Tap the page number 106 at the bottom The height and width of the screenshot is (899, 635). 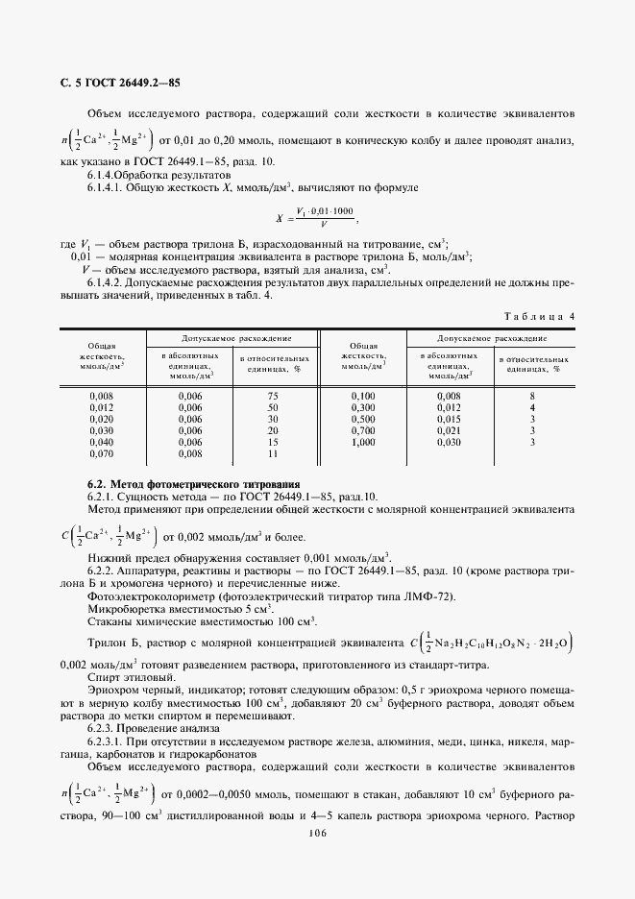coord(317,833)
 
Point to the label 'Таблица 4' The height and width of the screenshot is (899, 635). coord(538,316)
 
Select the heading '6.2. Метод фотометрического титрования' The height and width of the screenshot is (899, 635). coord(193,483)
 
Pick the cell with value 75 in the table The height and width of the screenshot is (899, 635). coord(273,396)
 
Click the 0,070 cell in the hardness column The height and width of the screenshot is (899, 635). coord(100,453)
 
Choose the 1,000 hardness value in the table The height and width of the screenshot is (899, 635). coord(362,442)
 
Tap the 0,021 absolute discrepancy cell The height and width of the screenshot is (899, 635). coord(449,430)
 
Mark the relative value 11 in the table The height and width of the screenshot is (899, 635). coord(273,453)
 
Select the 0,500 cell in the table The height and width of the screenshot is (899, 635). coord(362,419)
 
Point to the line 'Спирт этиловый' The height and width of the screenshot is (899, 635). coord(127,677)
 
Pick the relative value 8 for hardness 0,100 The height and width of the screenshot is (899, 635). coord(531,396)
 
